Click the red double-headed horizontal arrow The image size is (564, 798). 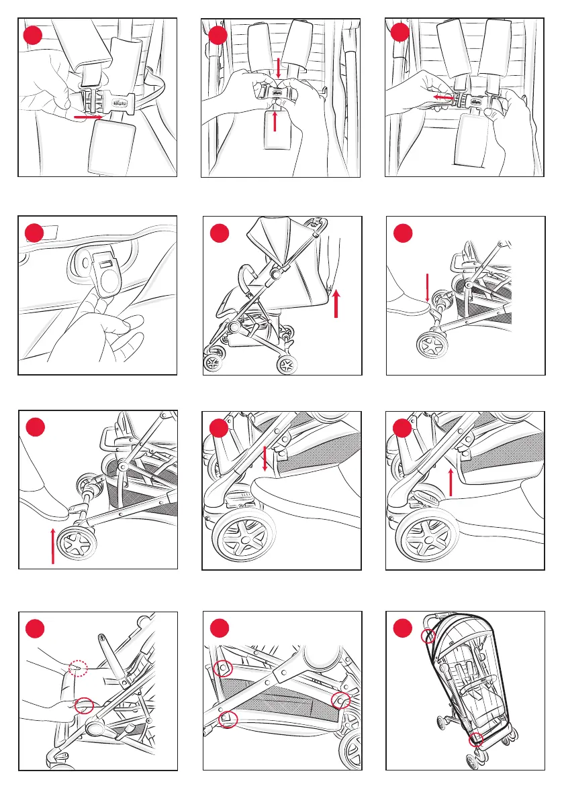441,98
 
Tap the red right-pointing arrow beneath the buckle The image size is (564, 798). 88,117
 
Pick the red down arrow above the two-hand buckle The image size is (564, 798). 279,68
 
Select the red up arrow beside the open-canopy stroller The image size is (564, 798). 336,305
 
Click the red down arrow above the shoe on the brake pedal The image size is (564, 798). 265,458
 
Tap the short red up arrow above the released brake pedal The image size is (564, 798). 451,482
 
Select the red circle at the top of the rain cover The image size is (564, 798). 428,636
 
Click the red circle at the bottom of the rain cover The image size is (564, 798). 476,740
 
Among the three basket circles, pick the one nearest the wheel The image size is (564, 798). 340,699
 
